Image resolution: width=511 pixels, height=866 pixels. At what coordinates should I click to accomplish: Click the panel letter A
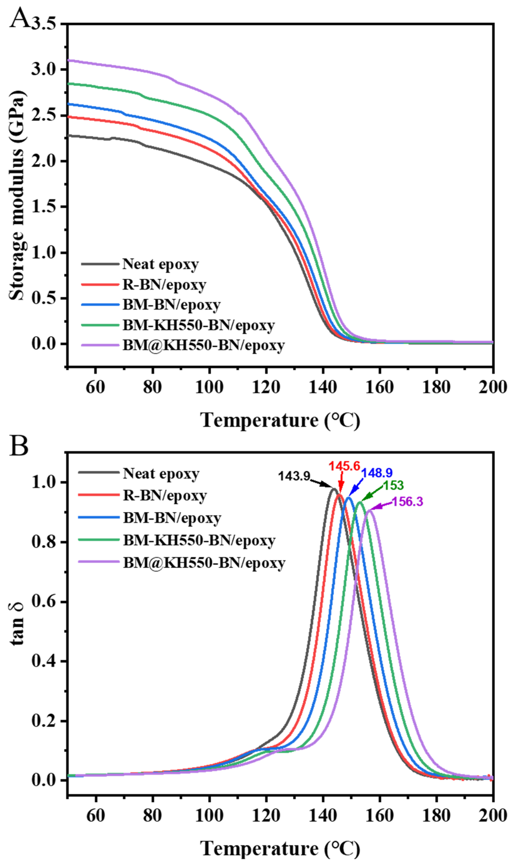[19, 18]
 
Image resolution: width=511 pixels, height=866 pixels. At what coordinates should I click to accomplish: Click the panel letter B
[19, 446]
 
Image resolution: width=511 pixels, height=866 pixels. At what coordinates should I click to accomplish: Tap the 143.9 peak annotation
[294, 476]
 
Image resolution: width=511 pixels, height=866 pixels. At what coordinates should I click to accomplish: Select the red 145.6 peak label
[344, 466]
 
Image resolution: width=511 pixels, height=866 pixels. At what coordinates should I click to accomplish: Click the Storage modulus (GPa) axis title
[17, 195]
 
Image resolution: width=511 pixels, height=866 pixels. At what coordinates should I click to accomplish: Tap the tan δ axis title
[17, 624]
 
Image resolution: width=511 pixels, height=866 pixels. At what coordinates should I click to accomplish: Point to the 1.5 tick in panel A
[43, 207]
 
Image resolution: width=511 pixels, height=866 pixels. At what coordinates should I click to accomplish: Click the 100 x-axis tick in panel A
[209, 387]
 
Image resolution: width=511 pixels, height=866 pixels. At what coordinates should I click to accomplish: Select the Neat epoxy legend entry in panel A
[161, 264]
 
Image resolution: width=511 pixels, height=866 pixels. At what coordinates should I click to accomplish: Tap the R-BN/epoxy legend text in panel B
[165, 496]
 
